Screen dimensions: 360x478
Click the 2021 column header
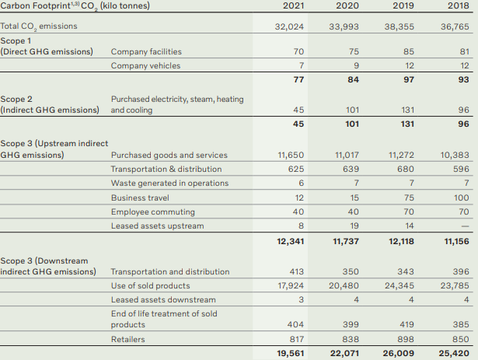click(292, 7)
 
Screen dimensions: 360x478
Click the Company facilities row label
click(146, 52)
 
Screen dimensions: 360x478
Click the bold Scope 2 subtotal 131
click(406, 124)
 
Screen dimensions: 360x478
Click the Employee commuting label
click(152, 211)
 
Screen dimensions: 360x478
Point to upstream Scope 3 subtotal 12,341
click(289, 242)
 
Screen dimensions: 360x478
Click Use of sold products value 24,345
click(400, 286)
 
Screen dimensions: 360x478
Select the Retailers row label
click(128, 340)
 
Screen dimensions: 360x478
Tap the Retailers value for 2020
click(352, 340)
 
